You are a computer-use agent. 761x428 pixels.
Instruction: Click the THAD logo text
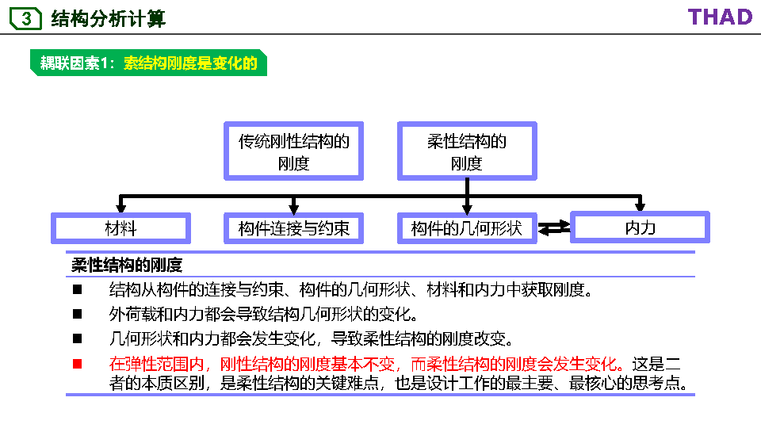coord(720,17)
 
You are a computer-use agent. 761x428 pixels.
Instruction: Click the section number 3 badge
coord(25,18)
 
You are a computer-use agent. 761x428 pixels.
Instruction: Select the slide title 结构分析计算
coord(108,18)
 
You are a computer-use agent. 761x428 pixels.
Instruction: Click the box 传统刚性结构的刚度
coord(294,151)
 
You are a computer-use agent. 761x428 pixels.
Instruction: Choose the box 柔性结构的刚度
coord(467,151)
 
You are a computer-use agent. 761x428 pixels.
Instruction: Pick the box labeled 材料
coord(120,228)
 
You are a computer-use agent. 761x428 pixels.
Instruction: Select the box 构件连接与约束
coord(294,228)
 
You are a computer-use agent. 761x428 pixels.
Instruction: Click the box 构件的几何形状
coord(467,228)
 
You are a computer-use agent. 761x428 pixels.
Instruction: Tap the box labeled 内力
coord(640,227)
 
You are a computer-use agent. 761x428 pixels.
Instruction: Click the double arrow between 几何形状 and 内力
coord(554,228)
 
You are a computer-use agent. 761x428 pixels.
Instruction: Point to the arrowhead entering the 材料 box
coord(120,208)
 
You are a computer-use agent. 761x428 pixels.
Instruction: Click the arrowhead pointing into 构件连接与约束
coord(294,208)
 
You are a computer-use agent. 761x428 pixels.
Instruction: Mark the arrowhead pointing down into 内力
coord(640,207)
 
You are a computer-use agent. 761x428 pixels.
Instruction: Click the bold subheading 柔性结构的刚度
coord(127,266)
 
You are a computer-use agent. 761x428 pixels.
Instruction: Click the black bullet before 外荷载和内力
coord(78,314)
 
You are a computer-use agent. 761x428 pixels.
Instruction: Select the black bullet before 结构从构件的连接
coord(78,289)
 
